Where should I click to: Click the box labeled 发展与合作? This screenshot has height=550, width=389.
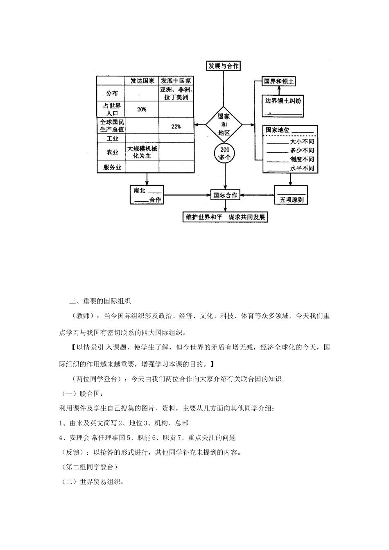(224, 66)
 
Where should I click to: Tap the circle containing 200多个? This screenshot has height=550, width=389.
(224, 153)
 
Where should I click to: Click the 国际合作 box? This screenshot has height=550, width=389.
(225, 195)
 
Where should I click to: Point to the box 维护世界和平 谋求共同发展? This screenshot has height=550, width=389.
(225, 217)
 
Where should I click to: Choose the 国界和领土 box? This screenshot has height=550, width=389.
(279, 81)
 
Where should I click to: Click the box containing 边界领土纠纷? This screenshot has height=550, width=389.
(283, 106)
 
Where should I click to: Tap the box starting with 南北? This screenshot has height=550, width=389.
(147, 195)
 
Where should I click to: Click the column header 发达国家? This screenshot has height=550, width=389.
(142, 81)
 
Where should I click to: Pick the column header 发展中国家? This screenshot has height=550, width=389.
(176, 81)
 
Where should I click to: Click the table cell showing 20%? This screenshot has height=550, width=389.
(142, 110)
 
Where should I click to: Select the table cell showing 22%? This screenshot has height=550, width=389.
(176, 126)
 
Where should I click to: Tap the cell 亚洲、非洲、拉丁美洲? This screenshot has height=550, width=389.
(176, 94)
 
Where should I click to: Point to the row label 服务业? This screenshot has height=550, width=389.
(112, 167)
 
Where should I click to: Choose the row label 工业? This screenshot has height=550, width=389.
(112, 139)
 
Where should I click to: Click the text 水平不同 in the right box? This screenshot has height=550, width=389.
(302, 169)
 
